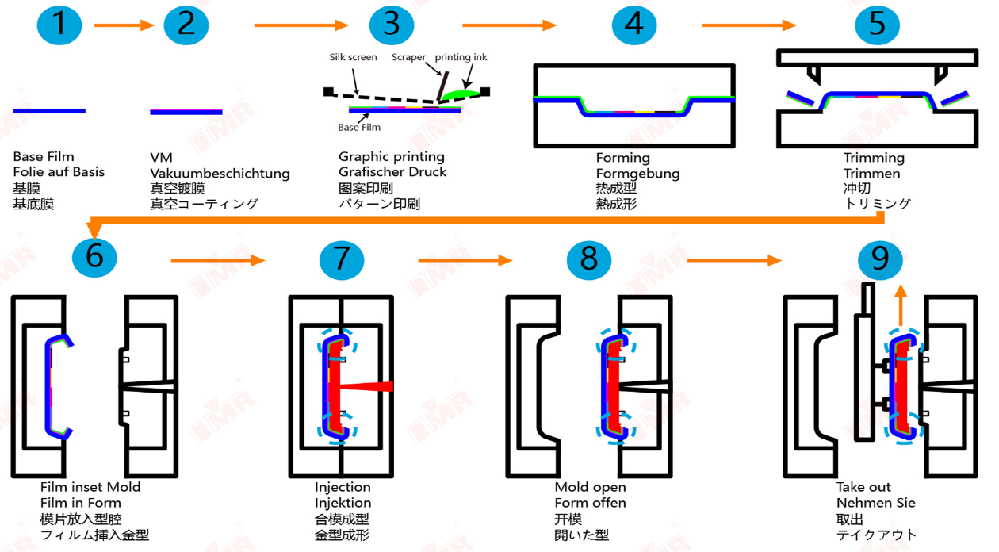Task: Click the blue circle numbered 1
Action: click(59, 24)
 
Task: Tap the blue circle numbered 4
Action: click(634, 24)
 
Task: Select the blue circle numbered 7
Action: click(342, 259)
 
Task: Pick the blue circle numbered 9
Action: click(880, 259)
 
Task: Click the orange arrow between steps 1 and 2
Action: click(124, 25)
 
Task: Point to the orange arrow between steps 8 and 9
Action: click(733, 260)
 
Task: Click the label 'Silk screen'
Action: click(353, 57)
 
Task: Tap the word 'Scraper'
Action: click(408, 57)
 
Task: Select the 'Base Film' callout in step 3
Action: click(359, 127)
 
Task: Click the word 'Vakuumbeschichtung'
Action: click(220, 173)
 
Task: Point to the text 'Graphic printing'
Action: click(392, 156)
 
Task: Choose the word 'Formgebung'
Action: click(637, 173)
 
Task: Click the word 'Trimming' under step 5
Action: click(874, 157)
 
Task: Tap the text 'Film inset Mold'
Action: click(90, 486)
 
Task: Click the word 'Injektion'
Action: click(343, 503)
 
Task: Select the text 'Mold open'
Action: click(590, 486)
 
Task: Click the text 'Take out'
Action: click(863, 486)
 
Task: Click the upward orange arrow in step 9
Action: click(900, 305)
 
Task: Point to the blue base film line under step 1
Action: click(49, 111)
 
